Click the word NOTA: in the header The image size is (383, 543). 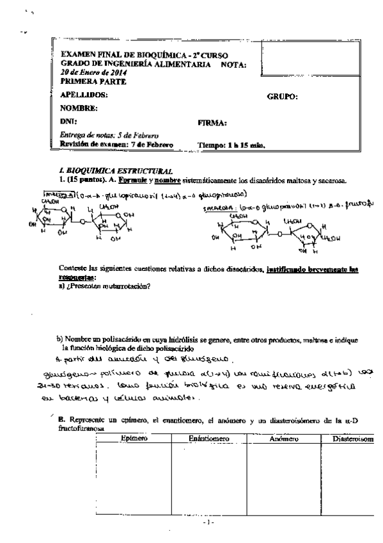click(x=233, y=65)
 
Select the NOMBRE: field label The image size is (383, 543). click(x=79, y=108)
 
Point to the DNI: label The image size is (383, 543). click(x=68, y=121)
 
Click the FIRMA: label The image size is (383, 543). click(x=214, y=122)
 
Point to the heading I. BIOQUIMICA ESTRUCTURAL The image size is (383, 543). click(x=116, y=171)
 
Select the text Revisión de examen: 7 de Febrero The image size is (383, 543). click(x=116, y=145)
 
